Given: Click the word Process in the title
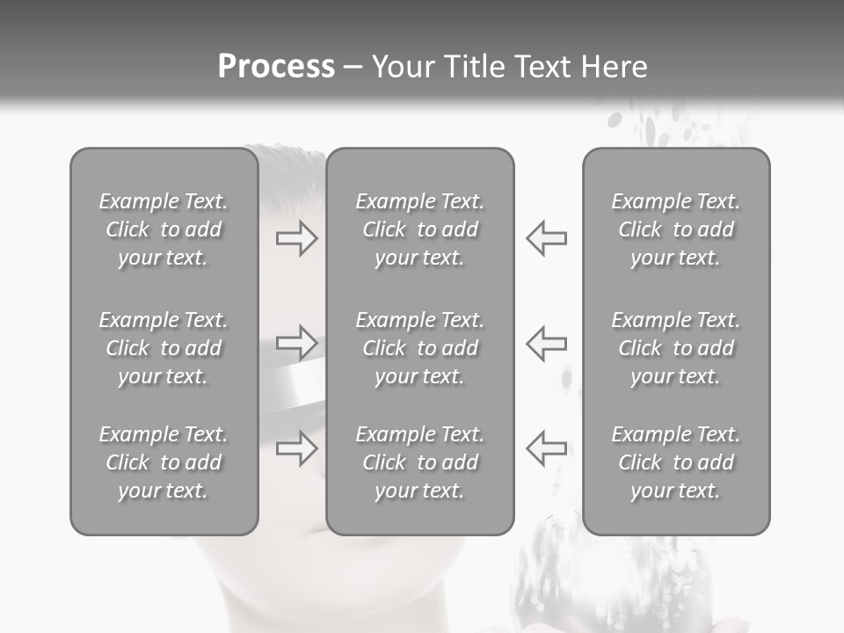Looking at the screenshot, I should point(276,67).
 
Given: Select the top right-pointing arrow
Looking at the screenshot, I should point(296,237).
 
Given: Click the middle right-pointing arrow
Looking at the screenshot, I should point(296,342).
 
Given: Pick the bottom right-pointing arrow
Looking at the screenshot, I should point(296,448).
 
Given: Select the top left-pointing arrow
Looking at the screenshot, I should point(546,237).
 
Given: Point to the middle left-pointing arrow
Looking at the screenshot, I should point(546,342).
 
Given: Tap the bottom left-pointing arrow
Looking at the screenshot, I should point(546,448).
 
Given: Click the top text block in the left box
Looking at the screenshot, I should point(164,229).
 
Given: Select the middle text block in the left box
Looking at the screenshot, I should point(164,348).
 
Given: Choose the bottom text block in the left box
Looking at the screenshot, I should point(164,462).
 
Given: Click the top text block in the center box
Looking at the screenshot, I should point(420,229).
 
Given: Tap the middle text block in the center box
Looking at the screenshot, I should point(420,348).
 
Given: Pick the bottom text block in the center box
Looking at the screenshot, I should point(420,462).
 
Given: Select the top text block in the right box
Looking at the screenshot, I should point(676,229).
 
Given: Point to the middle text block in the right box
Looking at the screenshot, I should point(676,348).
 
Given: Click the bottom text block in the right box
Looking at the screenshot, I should point(676,462).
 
